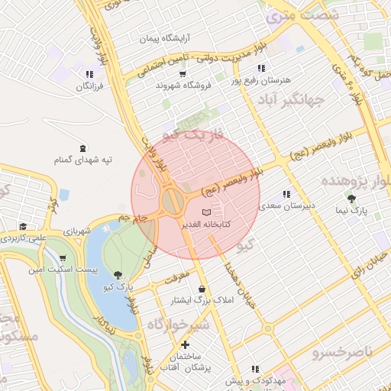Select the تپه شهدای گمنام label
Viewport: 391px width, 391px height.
(x=82, y=160)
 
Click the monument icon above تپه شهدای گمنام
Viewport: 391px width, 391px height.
(x=82, y=147)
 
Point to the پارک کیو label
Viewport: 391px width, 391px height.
(x=120, y=287)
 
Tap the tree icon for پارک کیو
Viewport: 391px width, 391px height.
(x=117, y=275)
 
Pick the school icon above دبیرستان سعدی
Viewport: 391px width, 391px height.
(x=287, y=194)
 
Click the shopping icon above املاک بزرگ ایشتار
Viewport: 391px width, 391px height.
(x=202, y=289)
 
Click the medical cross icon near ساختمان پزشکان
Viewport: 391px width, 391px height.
(x=186, y=345)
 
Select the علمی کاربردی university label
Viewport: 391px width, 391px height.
(x=24, y=238)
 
